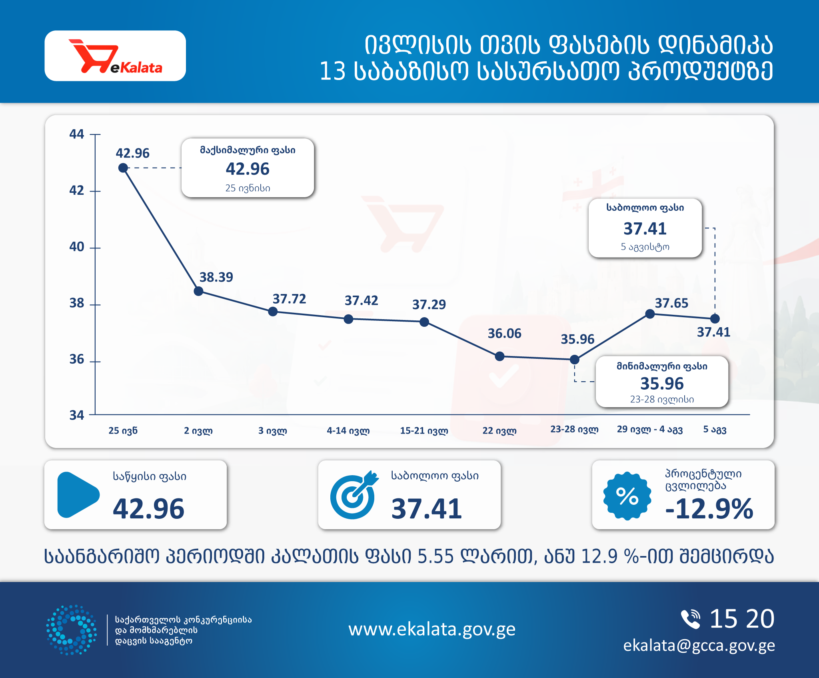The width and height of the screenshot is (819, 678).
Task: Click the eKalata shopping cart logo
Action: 116,56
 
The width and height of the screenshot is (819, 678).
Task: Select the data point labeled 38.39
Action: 198,291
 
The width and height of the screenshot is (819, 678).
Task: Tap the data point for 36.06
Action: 499,356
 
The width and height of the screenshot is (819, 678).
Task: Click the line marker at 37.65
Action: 650,314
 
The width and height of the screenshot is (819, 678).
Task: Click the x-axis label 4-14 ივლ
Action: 348,430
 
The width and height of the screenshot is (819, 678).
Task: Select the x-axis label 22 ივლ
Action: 499,430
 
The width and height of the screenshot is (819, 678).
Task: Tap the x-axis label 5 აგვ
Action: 715,430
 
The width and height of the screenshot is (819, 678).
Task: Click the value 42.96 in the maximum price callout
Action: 248,169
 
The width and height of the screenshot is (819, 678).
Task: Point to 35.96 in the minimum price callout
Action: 662,383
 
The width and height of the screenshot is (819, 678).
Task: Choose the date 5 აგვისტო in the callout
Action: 645,247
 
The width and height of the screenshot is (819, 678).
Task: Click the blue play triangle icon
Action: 78,495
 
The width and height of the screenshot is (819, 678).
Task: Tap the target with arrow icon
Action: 354,495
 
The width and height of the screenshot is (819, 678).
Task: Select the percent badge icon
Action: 627,496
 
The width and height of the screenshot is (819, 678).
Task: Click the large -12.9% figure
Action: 709,509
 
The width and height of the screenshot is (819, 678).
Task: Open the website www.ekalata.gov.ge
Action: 432,630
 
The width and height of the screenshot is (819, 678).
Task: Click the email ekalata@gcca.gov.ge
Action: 699,646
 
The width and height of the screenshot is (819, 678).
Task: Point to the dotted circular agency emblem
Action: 71,630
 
